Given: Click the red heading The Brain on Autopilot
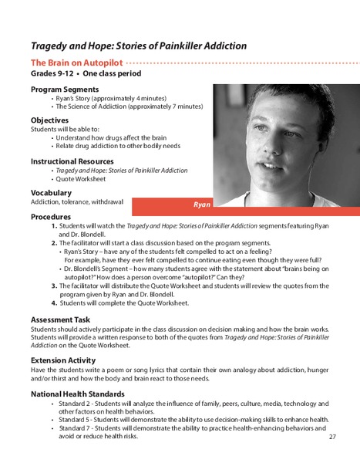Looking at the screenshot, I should [76, 60].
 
